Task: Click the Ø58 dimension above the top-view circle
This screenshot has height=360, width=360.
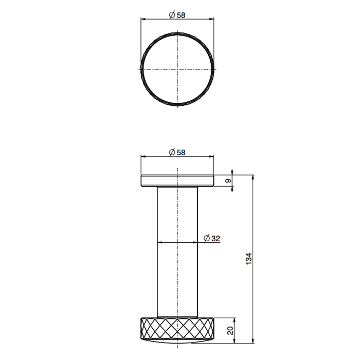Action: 177,15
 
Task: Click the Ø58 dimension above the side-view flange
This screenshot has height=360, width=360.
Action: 177,152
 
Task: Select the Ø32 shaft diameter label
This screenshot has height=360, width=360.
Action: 212,238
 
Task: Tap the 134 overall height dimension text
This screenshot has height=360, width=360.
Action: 249,259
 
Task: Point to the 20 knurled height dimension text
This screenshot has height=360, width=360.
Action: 230,330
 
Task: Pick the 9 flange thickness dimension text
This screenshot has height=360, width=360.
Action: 228,181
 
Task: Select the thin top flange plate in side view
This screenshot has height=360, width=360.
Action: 177,181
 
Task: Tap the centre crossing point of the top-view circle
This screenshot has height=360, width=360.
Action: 177,69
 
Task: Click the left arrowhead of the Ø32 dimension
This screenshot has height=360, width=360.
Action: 160,242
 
